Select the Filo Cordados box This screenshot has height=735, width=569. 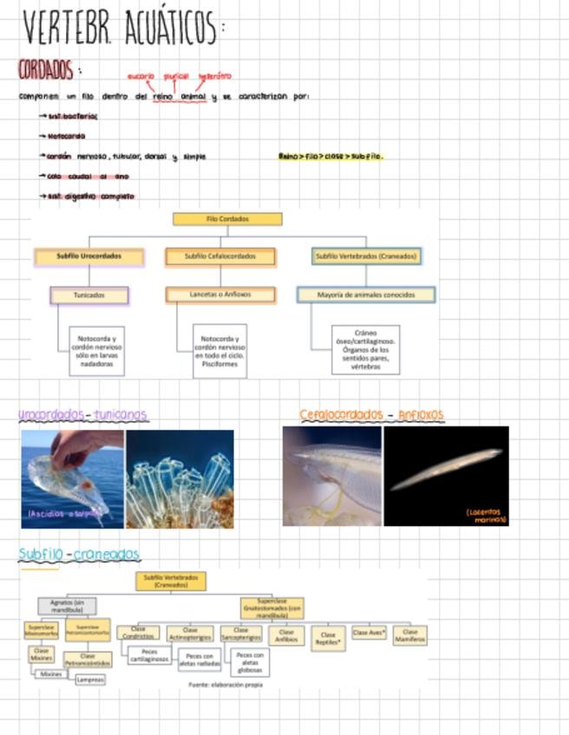point(227,219)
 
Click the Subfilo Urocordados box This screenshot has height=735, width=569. point(88,257)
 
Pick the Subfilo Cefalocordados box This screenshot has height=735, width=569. point(220,257)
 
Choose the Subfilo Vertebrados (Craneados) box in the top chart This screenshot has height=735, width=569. point(366,257)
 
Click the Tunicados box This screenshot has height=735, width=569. point(89,295)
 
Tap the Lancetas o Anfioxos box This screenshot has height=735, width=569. point(220,295)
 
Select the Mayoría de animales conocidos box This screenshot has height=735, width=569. point(365,295)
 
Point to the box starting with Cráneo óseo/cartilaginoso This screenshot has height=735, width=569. point(365,349)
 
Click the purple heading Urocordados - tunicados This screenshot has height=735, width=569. point(83,415)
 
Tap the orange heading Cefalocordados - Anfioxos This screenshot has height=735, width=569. point(371,414)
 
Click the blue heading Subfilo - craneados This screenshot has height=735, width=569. point(79,554)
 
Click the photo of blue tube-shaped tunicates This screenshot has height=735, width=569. point(180,479)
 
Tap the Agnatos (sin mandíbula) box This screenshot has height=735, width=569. point(67,606)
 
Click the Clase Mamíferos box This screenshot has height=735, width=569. point(409,634)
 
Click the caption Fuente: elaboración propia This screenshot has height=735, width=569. point(226,684)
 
